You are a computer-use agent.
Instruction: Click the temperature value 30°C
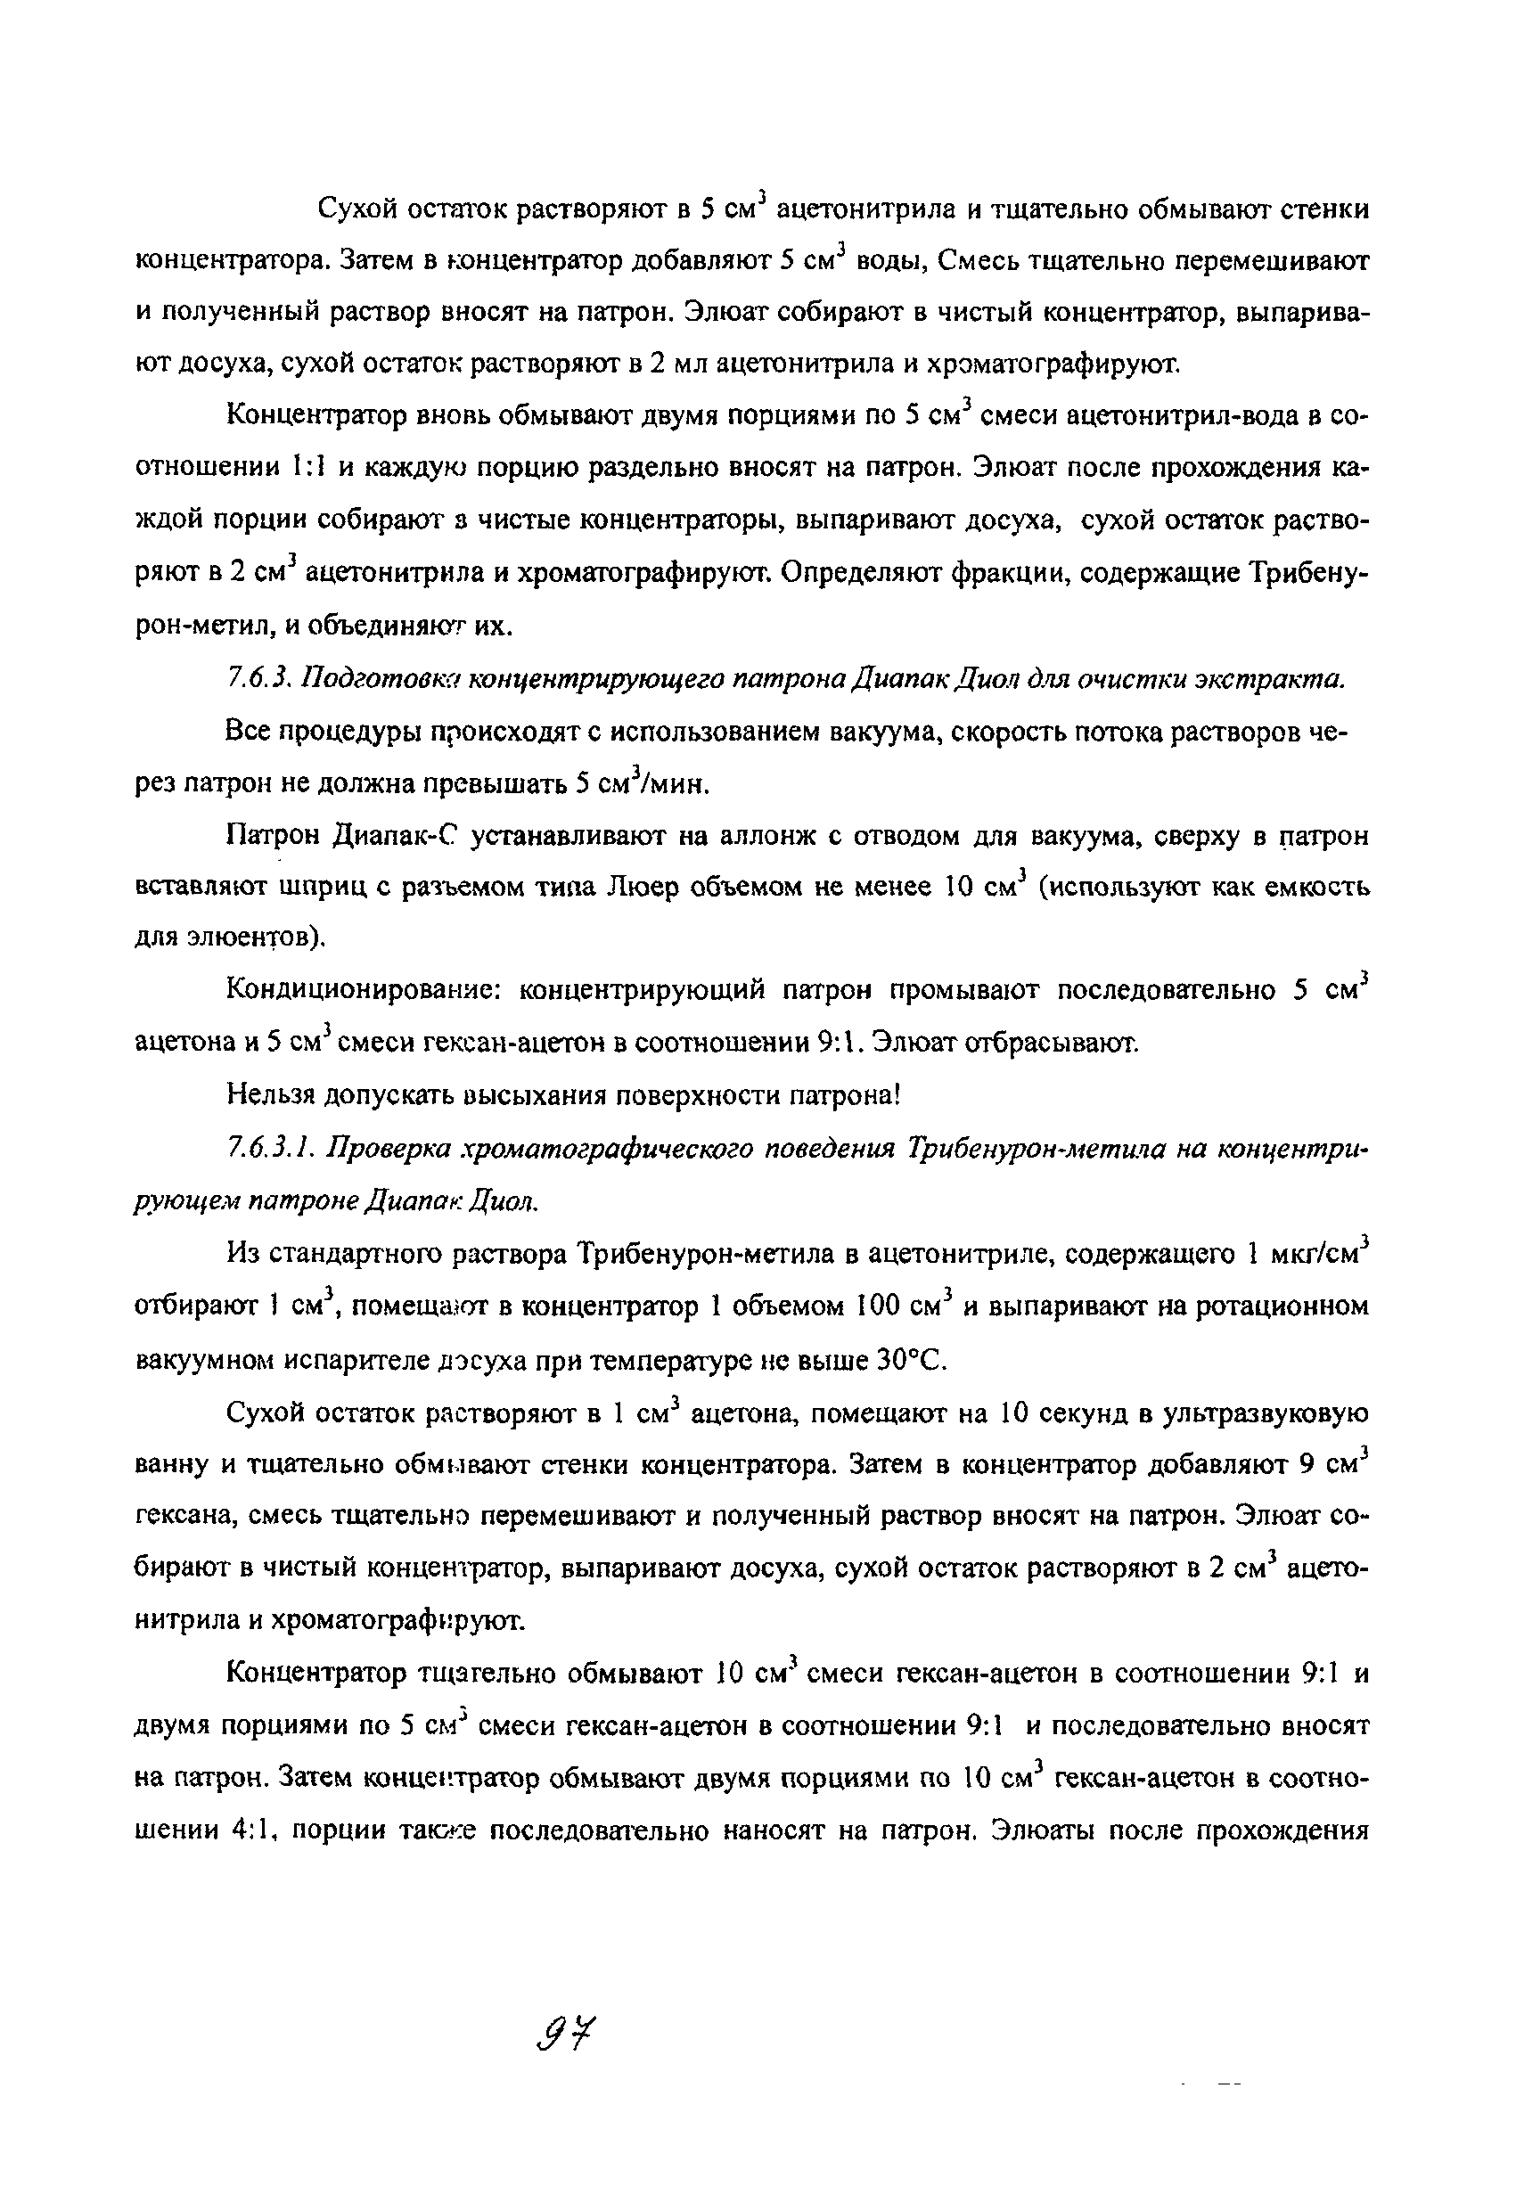[914, 1361]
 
